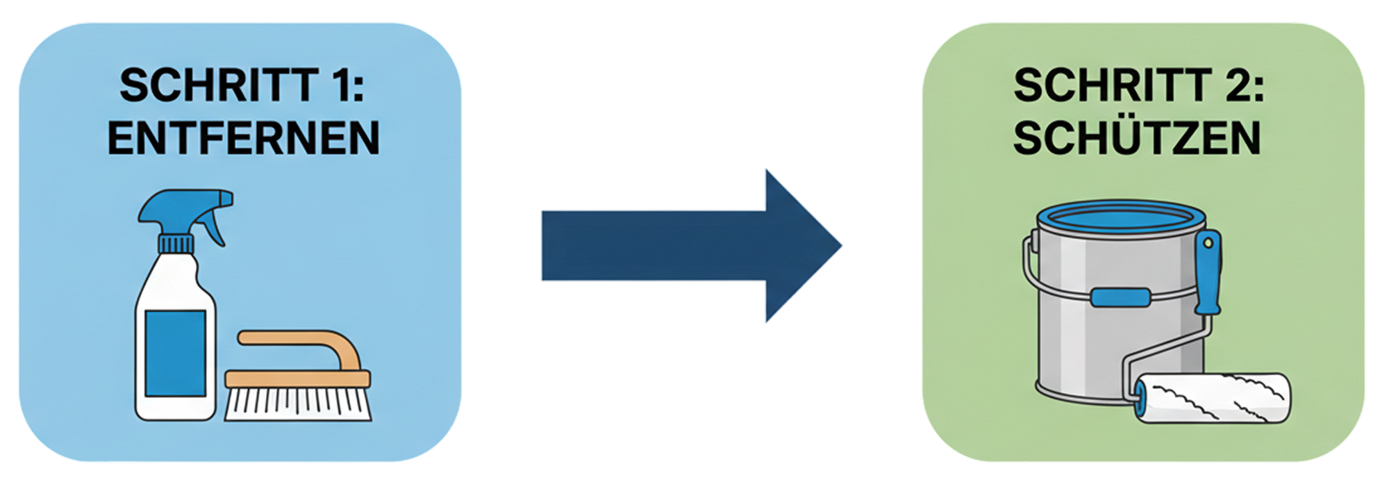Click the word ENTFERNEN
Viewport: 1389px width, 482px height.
coord(243,138)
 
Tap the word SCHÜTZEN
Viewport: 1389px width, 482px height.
coord(1137,138)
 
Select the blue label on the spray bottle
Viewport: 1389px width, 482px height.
coord(175,353)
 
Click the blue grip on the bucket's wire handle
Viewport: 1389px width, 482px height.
coord(1119,297)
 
